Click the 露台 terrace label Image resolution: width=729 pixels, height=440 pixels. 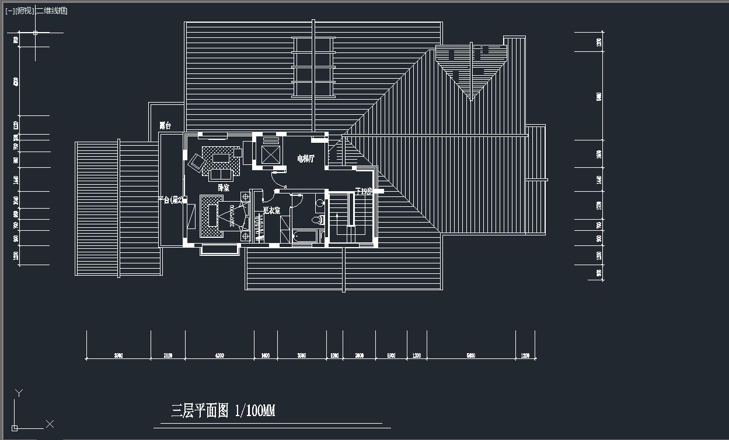tap(165, 125)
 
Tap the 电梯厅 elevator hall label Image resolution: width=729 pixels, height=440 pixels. tap(305, 159)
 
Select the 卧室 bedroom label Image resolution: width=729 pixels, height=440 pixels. tap(224, 188)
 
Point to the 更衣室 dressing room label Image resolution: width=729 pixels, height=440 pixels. tap(271, 210)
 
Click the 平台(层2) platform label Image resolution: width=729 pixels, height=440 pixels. tap(171, 200)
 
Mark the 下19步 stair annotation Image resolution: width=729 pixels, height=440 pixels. tap(364, 191)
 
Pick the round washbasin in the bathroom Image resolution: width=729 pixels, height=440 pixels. tap(320, 203)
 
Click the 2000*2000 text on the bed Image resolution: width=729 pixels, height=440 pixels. tap(232, 216)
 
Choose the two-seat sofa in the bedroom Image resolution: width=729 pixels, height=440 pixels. tap(221, 174)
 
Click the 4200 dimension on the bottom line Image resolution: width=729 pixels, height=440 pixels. tap(219, 355)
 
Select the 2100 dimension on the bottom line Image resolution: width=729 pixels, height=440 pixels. tap(168, 355)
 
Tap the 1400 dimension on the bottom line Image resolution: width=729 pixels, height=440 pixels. tap(266, 355)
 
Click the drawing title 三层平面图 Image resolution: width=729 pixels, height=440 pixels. tap(200, 411)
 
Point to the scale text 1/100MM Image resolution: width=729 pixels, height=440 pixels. tap(254, 411)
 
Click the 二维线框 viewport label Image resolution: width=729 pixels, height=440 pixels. tap(51, 11)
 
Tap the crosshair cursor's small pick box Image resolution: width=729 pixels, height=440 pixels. tap(35, 33)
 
